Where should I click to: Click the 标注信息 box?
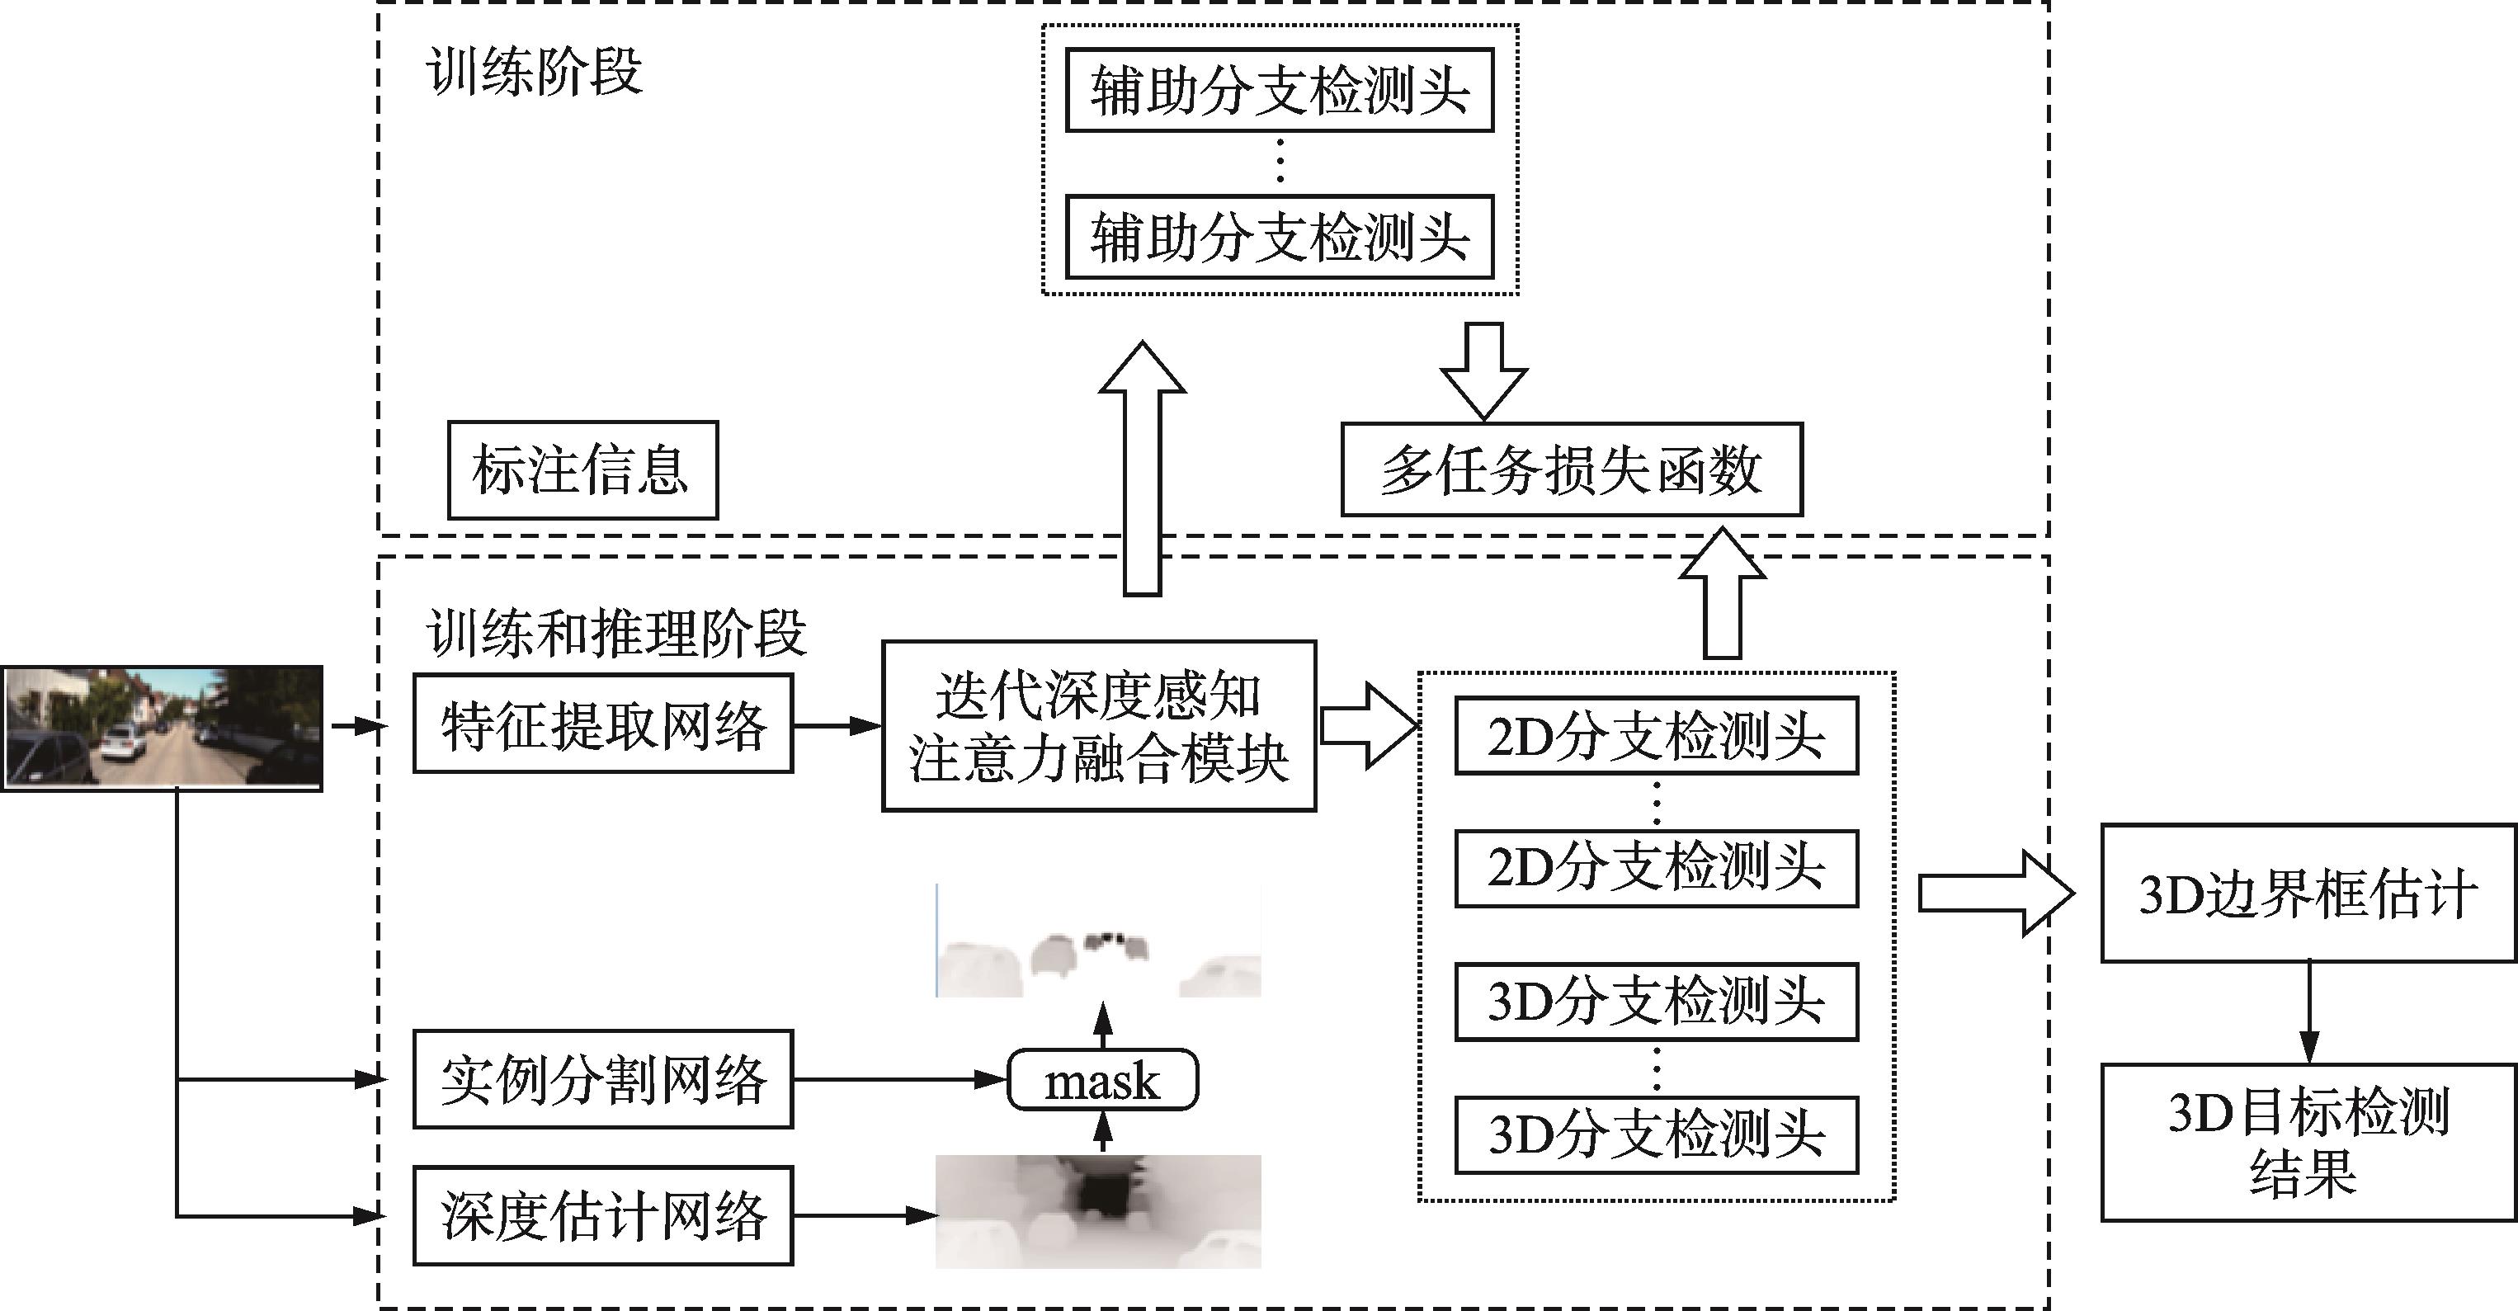tap(582, 470)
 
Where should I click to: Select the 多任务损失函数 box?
tap(1571, 470)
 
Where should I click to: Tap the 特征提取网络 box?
tap(603, 724)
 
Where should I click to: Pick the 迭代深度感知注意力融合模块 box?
tap(1099, 726)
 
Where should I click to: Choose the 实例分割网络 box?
tap(603, 1079)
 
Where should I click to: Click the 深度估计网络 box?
tap(603, 1215)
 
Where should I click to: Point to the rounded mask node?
tap(1102, 1080)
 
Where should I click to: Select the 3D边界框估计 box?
tap(2308, 894)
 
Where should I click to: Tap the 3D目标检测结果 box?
tap(2308, 1142)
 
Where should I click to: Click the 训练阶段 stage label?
tap(535, 72)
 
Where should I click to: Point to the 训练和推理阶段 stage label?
tap(615, 633)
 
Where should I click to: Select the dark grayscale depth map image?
tap(1099, 1211)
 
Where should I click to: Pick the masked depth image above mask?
tap(1099, 941)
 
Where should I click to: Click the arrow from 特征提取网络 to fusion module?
tap(837, 726)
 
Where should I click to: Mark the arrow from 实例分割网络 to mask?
tap(899, 1080)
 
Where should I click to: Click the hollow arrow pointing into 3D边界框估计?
tap(1995, 894)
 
